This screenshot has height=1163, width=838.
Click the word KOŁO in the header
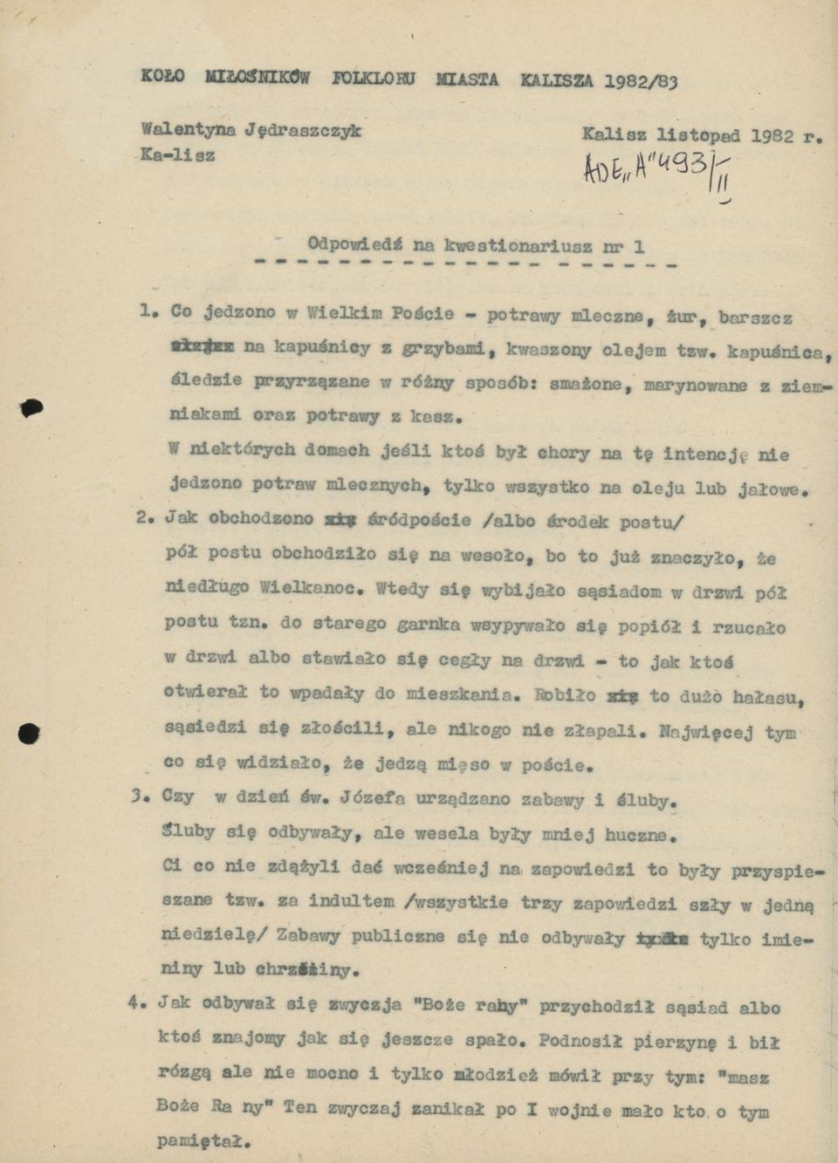pos(162,77)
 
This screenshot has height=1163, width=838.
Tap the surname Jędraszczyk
pos(303,131)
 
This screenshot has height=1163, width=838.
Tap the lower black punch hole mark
pos(29,734)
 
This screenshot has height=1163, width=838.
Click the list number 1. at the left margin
pos(149,311)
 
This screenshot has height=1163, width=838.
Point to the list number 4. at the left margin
pos(137,1002)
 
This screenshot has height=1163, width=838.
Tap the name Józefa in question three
pos(370,797)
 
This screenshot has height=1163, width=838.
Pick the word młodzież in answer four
pos(494,1075)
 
